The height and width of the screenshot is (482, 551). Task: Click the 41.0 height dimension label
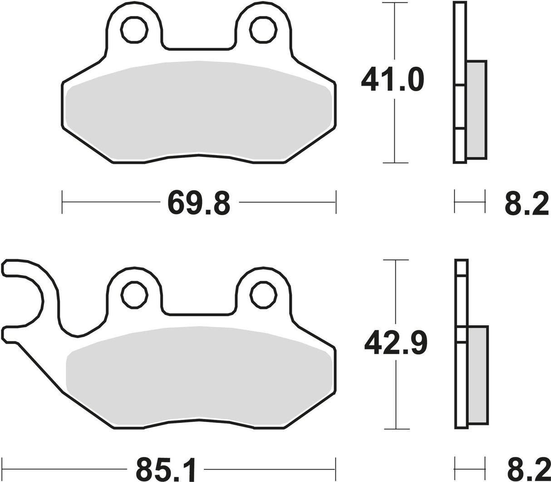[393, 79]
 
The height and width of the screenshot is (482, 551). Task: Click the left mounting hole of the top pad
[134, 30]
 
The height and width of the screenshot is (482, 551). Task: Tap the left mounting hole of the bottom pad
[134, 295]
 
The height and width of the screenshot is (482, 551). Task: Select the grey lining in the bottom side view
[477, 374]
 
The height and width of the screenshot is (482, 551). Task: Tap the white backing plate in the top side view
[459, 45]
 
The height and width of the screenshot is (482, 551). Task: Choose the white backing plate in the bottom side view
[461, 386]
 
